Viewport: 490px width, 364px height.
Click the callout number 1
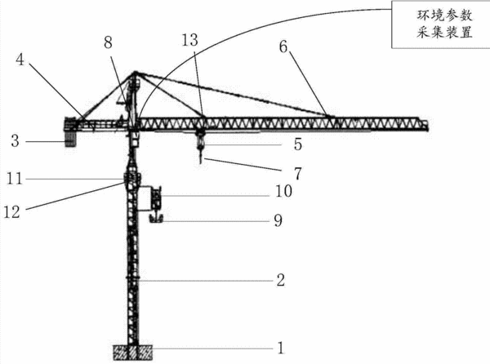point(281,348)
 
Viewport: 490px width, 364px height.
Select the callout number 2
point(281,280)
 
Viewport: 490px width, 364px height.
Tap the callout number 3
point(15,141)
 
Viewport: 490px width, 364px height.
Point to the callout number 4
point(20,59)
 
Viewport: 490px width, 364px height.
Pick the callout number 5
point(298,144)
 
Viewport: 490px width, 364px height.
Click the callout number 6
point(283,47)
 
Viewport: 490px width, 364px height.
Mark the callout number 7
point(298,174)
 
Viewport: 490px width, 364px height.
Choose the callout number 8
point(108,42)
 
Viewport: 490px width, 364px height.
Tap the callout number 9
point(278,220)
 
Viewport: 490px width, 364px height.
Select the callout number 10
point(283,191)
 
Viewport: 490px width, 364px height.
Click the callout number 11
point(15,179)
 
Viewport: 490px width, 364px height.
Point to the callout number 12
point(12,212)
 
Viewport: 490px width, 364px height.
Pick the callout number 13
point(190,40)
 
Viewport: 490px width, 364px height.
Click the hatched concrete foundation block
point(132,353)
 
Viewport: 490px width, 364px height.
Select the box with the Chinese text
point(441,24)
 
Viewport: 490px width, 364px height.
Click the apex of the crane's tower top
point(135,73)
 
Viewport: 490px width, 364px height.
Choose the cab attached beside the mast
point(156,198)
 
